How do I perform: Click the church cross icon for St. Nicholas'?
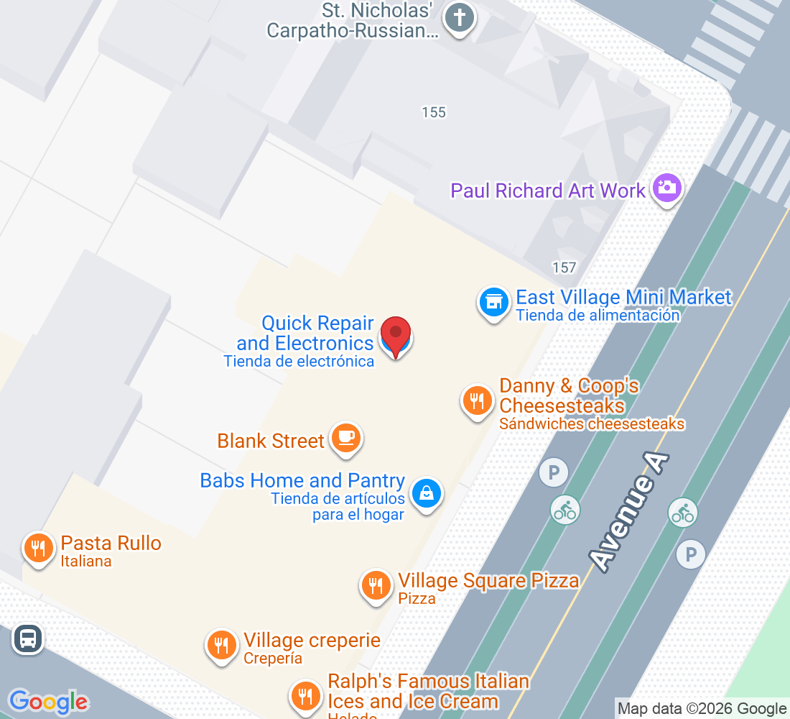[x=458, y=17]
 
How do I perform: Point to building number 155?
[x=434, y=112]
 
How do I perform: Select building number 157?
[x=564, y=267]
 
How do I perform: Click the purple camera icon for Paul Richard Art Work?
[x=666, y=188]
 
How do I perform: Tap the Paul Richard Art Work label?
[x=548, y=191]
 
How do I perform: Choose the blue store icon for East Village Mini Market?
[x=493, y=303]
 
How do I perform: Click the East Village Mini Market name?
[x=623, y=298]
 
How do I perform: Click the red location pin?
[x=395, y=335]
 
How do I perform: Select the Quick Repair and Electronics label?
[x=309, y=334]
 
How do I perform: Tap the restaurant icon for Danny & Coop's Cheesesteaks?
[x=477, y=400]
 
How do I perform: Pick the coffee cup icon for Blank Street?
[x=346, y=437]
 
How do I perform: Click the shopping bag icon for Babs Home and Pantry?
[x=427, y=493]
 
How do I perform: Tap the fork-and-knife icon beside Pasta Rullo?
[x=39, y=549]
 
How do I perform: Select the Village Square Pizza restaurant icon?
[x=375, y=585]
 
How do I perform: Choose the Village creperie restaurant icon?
[x=221, y=644]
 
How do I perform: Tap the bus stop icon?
[x=27, y=638]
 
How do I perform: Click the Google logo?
[x=48, y=702]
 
